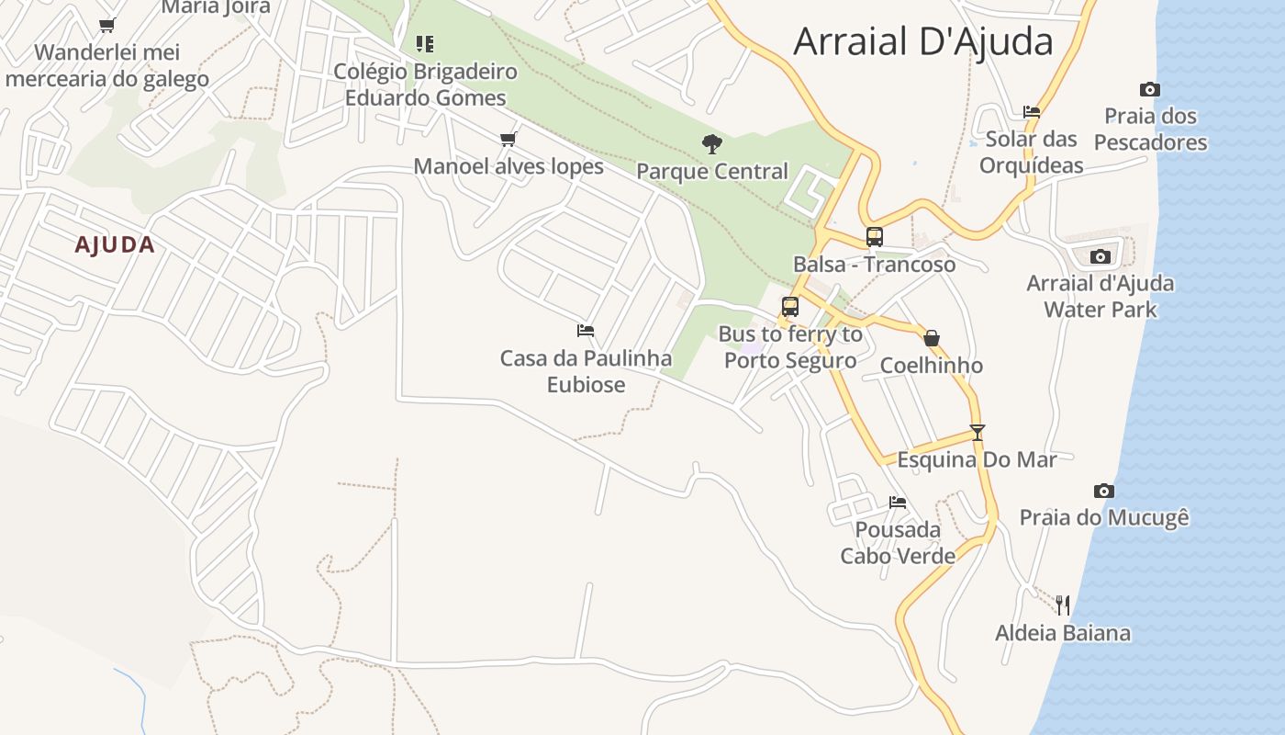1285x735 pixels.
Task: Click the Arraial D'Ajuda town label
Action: (922, 42)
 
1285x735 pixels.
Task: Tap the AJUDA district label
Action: (115, 245)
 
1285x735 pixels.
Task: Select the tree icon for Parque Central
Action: (711, 143)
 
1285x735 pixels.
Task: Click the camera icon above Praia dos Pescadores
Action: (1149, 89)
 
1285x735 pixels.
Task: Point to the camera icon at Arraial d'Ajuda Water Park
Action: (1100, 256)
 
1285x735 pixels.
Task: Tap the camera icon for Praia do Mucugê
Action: (1104, 491)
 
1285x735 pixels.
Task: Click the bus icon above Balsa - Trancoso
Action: (874, 237)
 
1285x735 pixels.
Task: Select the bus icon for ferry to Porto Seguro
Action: (790, 307)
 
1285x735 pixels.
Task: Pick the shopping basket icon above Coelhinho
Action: (932, 338)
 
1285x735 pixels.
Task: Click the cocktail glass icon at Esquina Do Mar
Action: (978, 432)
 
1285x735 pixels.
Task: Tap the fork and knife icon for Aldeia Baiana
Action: (1063, 605)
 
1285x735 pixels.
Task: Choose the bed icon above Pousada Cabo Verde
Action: (898, 502)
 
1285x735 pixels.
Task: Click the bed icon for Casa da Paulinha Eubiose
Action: (586, 330)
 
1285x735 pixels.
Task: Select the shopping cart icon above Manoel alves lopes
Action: (508, 139)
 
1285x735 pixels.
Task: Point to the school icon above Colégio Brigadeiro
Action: (424, 43)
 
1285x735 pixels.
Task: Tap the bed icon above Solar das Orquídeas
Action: (1032, 112)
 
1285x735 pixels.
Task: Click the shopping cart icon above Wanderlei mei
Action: (107, 25)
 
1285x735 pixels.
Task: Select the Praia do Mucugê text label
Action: (1104, 517)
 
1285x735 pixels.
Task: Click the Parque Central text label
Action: (711, 171)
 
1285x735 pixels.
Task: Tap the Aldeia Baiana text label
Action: (1063, 633)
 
